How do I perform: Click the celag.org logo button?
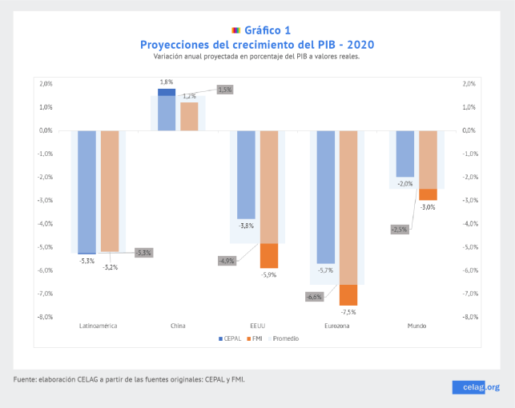pyautogui.click(x=479, y=386)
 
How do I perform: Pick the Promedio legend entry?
pyautogui.click(x=284, y=338)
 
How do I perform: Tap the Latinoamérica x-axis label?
pyautogui.click(x=99, y=326)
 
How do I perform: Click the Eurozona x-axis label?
pyautogui.click(x=336, y=326)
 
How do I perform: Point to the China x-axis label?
pyautogui.click(x=178, y=326)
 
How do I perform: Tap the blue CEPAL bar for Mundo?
pyautogui.click(x=405, y=154)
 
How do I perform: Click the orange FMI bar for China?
pyautogui.click(x=189, y=116)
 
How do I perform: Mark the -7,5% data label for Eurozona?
pyautogui.click(x=348, y=311)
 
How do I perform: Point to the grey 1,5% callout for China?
pyautogui.click(x=225, y=90)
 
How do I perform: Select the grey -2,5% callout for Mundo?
pyautogui.click(x=400, y=230)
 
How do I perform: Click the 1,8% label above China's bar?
pyautogui.click(x=167, y=82)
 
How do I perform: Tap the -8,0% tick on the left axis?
pyautogui.click(x=45, y=317)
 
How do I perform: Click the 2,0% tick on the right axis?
pyautogui.click(x=469, y=83)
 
